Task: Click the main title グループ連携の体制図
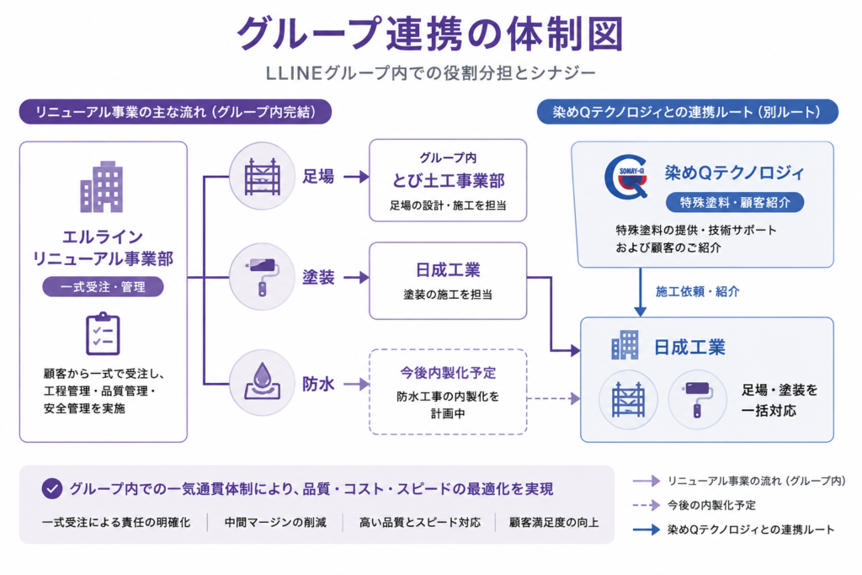point(430,34)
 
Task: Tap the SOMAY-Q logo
point(627,177)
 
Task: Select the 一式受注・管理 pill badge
point(103,286)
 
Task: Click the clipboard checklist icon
point(103,333)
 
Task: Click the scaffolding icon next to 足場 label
point(263,177)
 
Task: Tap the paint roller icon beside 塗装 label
point(263,278)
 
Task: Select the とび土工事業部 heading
point(448,181)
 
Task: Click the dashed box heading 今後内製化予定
point(448,373)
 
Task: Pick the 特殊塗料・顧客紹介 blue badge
point(735,202)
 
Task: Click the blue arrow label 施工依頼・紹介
point(698,291)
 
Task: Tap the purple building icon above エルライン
point(102,187)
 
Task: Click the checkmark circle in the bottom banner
point(52,488)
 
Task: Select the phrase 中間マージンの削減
point(275,522)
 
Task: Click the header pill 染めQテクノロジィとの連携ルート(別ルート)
point(687,112)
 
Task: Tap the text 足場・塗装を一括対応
point(780,400)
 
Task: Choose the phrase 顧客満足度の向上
point(554,522)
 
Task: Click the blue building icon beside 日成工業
point(625,345)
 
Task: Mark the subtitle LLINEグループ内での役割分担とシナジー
point(430,73)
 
